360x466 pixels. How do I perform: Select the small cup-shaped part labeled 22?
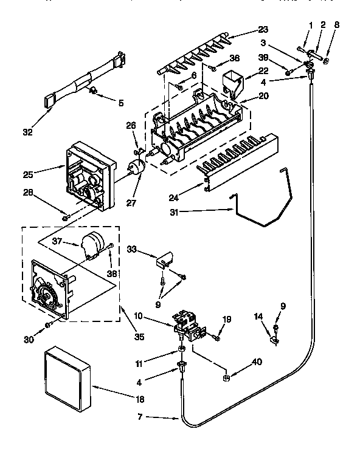coord(232,83)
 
